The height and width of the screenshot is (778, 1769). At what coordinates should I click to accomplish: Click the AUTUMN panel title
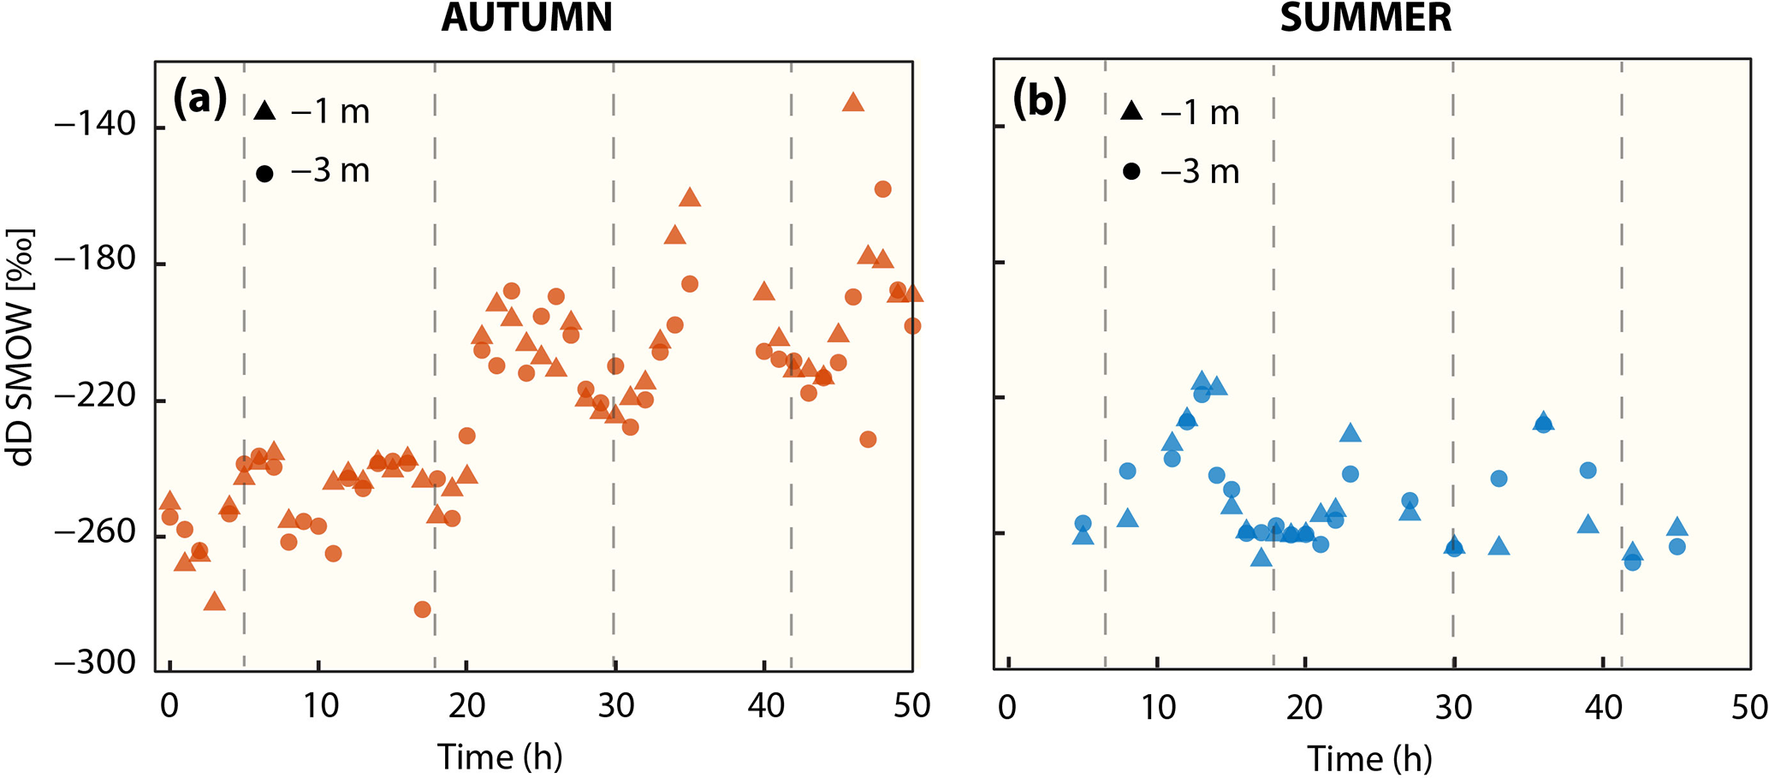(x=526, y=17)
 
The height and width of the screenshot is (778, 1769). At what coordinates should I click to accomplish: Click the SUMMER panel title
(x=1365, y=17)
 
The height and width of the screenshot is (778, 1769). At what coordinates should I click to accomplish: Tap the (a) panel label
(x=199, y=99)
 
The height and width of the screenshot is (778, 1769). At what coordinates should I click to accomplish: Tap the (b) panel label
(x=1039, y=99)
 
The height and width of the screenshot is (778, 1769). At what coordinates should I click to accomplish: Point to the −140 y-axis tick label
(x=95, y=126)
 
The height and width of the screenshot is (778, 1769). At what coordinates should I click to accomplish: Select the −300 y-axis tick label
(x=95, y=663)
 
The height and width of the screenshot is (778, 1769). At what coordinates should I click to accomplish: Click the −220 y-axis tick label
(x=95, y=397)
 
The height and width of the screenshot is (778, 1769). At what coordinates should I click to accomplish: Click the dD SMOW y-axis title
(x=22, y=347)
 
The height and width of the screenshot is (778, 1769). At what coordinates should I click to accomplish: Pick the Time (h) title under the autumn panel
(x=500, y=757)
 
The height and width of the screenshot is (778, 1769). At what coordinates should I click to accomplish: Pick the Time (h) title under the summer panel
(x=1368, y=758)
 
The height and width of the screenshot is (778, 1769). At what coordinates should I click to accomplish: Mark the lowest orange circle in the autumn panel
(x=422, y=609)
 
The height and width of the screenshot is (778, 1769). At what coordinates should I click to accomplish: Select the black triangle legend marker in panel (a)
(x=264, y=111)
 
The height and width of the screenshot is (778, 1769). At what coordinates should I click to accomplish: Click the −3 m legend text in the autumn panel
(x=330, y=171)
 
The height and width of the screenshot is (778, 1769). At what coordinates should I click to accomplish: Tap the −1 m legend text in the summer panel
(x=1200, y=113)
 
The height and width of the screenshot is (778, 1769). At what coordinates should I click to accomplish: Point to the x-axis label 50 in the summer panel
(x=1748, y=708)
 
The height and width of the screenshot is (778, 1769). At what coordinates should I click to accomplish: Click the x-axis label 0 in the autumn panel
(x=169, y=706)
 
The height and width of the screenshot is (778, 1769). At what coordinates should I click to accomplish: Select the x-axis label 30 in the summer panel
(x=1452, y=708)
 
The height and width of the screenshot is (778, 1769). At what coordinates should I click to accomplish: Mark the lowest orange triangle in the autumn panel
(x=214, y=602)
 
